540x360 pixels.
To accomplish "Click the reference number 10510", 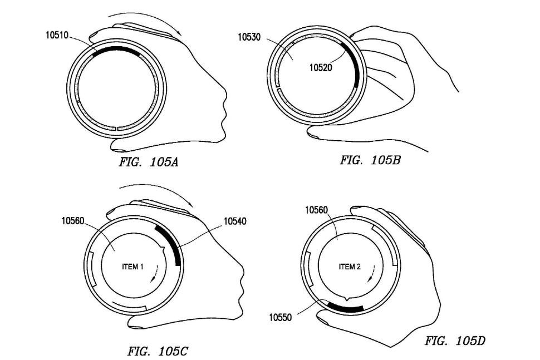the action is point(57,35).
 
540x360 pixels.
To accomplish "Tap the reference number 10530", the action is point(249,37).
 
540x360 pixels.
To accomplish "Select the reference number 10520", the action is point(321,67).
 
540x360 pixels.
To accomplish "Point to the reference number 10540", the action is point(235,221).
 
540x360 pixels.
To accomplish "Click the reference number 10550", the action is point(281,317).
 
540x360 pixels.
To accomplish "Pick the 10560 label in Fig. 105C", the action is point(73,220).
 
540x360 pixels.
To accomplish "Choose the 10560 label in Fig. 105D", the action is point(317,210).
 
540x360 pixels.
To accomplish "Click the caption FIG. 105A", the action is point(149,162).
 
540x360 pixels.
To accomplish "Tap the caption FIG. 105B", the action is point(371,160).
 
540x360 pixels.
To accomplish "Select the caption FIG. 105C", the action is point(158,351).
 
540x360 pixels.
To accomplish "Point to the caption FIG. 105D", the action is point(455,341).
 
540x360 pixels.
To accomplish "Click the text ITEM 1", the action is point(132,267).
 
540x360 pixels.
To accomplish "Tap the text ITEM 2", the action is point(350,267).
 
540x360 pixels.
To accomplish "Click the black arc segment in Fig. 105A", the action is point(116,48).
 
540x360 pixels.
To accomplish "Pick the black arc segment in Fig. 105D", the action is point(345,308).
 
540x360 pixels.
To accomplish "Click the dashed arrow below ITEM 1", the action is point(155,274).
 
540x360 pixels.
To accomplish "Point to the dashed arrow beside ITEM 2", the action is point(372,273).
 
